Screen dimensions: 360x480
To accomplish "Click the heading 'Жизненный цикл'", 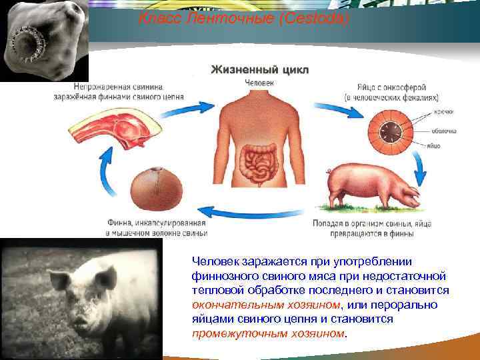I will coord(260,69).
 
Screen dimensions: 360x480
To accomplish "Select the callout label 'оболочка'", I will coord(446,131).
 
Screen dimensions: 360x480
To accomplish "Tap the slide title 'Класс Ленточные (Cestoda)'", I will coord(243,21).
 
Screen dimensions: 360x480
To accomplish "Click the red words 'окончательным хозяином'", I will coord(265,305).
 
